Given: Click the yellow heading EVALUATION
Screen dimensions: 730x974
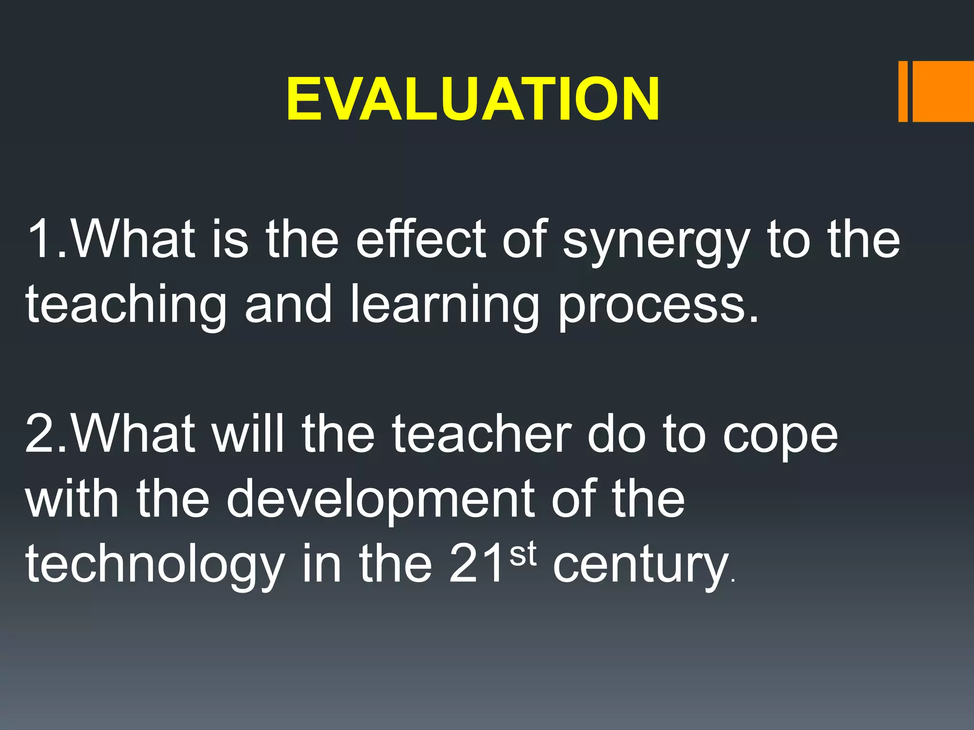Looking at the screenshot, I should click(473, 99).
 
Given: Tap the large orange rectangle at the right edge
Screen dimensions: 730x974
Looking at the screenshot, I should click(943, 91).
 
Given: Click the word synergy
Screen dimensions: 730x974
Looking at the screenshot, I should click(656, 241).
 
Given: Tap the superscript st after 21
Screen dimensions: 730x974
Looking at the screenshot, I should click(523, 554).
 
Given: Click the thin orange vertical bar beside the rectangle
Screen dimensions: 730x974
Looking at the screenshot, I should click(903, 91).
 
